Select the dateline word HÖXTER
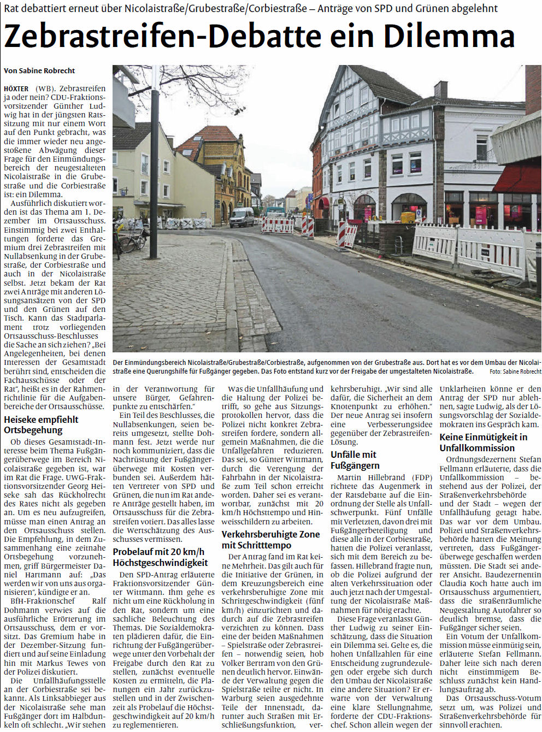coord(16,88)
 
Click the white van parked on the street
coord(241,217)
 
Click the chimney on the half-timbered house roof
coord(440,90)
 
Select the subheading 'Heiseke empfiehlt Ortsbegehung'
coord(41,424)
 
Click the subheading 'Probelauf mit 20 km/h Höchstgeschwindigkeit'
coord(160,557)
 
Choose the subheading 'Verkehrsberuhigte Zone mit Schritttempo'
coord(270,539)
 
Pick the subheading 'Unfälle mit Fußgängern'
coord(355,459)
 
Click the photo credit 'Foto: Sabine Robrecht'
coord(515,371)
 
